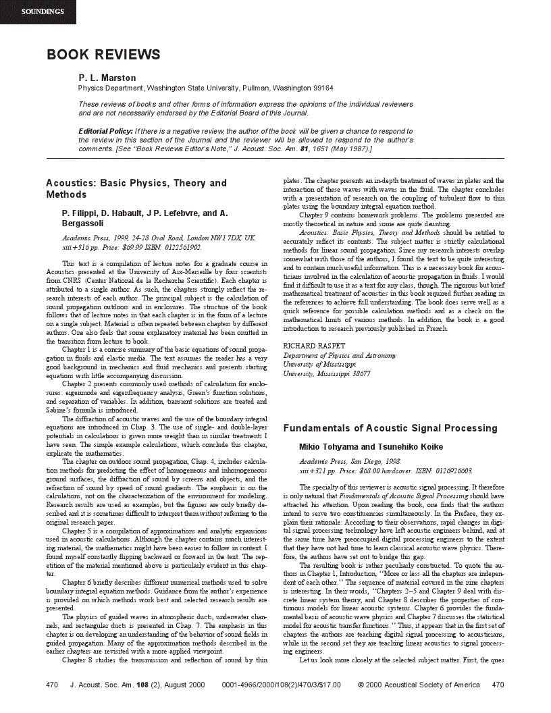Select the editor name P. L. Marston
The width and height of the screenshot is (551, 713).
pos(107,78)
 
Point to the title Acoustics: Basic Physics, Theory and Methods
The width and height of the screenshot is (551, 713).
pos(136,188)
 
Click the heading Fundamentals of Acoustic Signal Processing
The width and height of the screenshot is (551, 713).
pos(390,428)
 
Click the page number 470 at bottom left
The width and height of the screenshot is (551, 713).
pos(52,685)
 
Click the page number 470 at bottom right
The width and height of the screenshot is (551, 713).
pos(498,685)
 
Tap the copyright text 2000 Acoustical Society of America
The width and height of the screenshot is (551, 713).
pos(423,685)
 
